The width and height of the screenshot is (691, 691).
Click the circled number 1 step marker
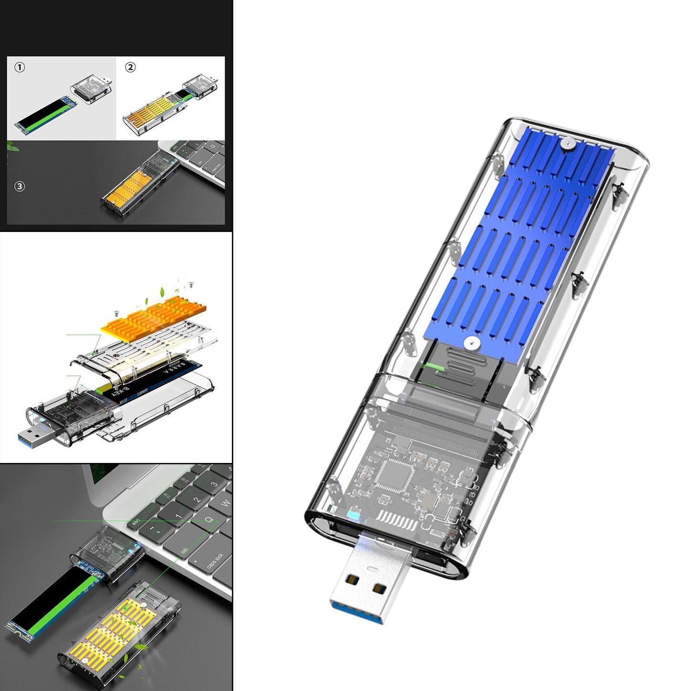(20, 68)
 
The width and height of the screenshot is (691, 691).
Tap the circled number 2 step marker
(130, 67)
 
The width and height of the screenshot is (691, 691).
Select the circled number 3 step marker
(20, 186)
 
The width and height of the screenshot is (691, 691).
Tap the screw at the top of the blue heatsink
(567, 142)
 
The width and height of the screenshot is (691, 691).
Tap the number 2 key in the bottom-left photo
(197, 500)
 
